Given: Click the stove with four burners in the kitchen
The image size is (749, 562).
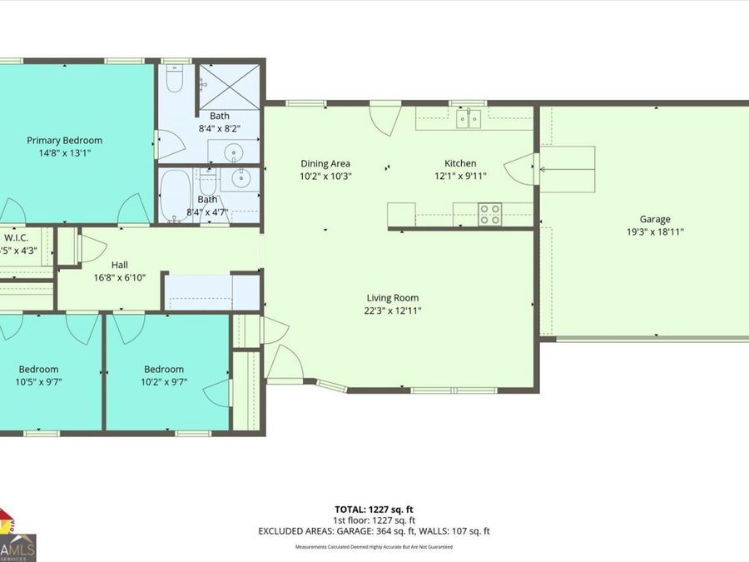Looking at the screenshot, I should tap(490, 215).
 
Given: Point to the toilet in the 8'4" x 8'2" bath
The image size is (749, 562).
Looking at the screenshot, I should tap(174, 80).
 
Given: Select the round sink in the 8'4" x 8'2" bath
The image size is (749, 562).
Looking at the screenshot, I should tap(234, 152).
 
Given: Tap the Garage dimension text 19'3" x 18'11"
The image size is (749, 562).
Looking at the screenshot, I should tap(655, 232).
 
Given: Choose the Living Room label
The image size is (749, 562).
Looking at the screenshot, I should tap(393, 298).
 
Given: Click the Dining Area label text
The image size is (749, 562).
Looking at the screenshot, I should tap(325, 164).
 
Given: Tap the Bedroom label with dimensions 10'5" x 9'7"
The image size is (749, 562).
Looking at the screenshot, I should tap(38, 370).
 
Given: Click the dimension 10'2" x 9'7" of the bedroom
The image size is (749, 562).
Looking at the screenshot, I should tap(163, 382).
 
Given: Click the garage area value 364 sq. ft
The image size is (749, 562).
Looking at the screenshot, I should tap(410, 530).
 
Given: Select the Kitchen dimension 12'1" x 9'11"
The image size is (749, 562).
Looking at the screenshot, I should tap(460, 176).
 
